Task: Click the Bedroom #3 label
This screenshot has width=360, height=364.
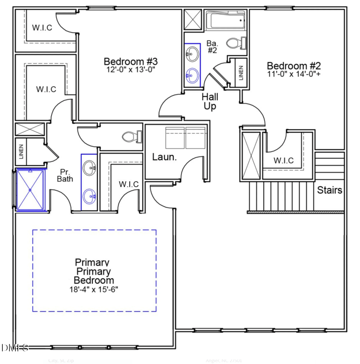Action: point(130,61)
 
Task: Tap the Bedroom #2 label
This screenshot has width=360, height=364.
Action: point(293,65)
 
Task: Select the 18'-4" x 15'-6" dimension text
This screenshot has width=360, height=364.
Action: point(94,289)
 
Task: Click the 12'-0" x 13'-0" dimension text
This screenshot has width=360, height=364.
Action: point(130,70)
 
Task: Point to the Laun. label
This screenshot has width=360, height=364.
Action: point(164,157)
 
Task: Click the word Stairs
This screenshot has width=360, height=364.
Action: point(330,190)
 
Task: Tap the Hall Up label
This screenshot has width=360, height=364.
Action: point(210,102)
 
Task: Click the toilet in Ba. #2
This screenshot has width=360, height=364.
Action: point(235,43)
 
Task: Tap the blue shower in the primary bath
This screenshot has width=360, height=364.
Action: point(31,190)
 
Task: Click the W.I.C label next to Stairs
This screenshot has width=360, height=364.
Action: point(283,160)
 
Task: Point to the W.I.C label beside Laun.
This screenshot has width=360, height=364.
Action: point(129,184)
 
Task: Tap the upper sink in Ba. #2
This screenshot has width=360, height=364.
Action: point(191,55)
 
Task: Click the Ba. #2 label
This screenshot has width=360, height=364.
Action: point(212,47)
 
